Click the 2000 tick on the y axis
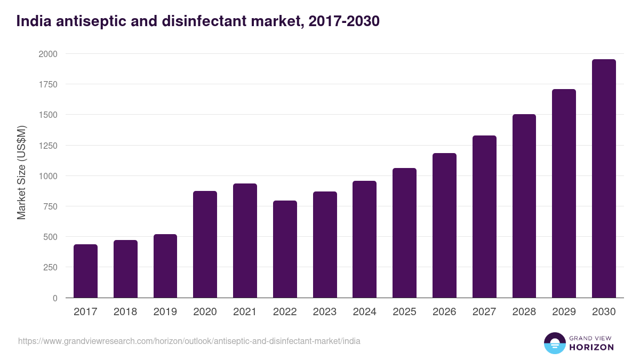(47, 54)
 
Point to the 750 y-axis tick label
(50, 206)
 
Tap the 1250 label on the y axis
(47, 146)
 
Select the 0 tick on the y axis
(54, 298)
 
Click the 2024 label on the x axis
(364, 312)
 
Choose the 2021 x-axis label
(245, 312)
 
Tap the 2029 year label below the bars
(564, 312)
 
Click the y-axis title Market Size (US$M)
(21, 173)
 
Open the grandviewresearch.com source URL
(189, 341)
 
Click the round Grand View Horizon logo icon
(554, 343)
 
